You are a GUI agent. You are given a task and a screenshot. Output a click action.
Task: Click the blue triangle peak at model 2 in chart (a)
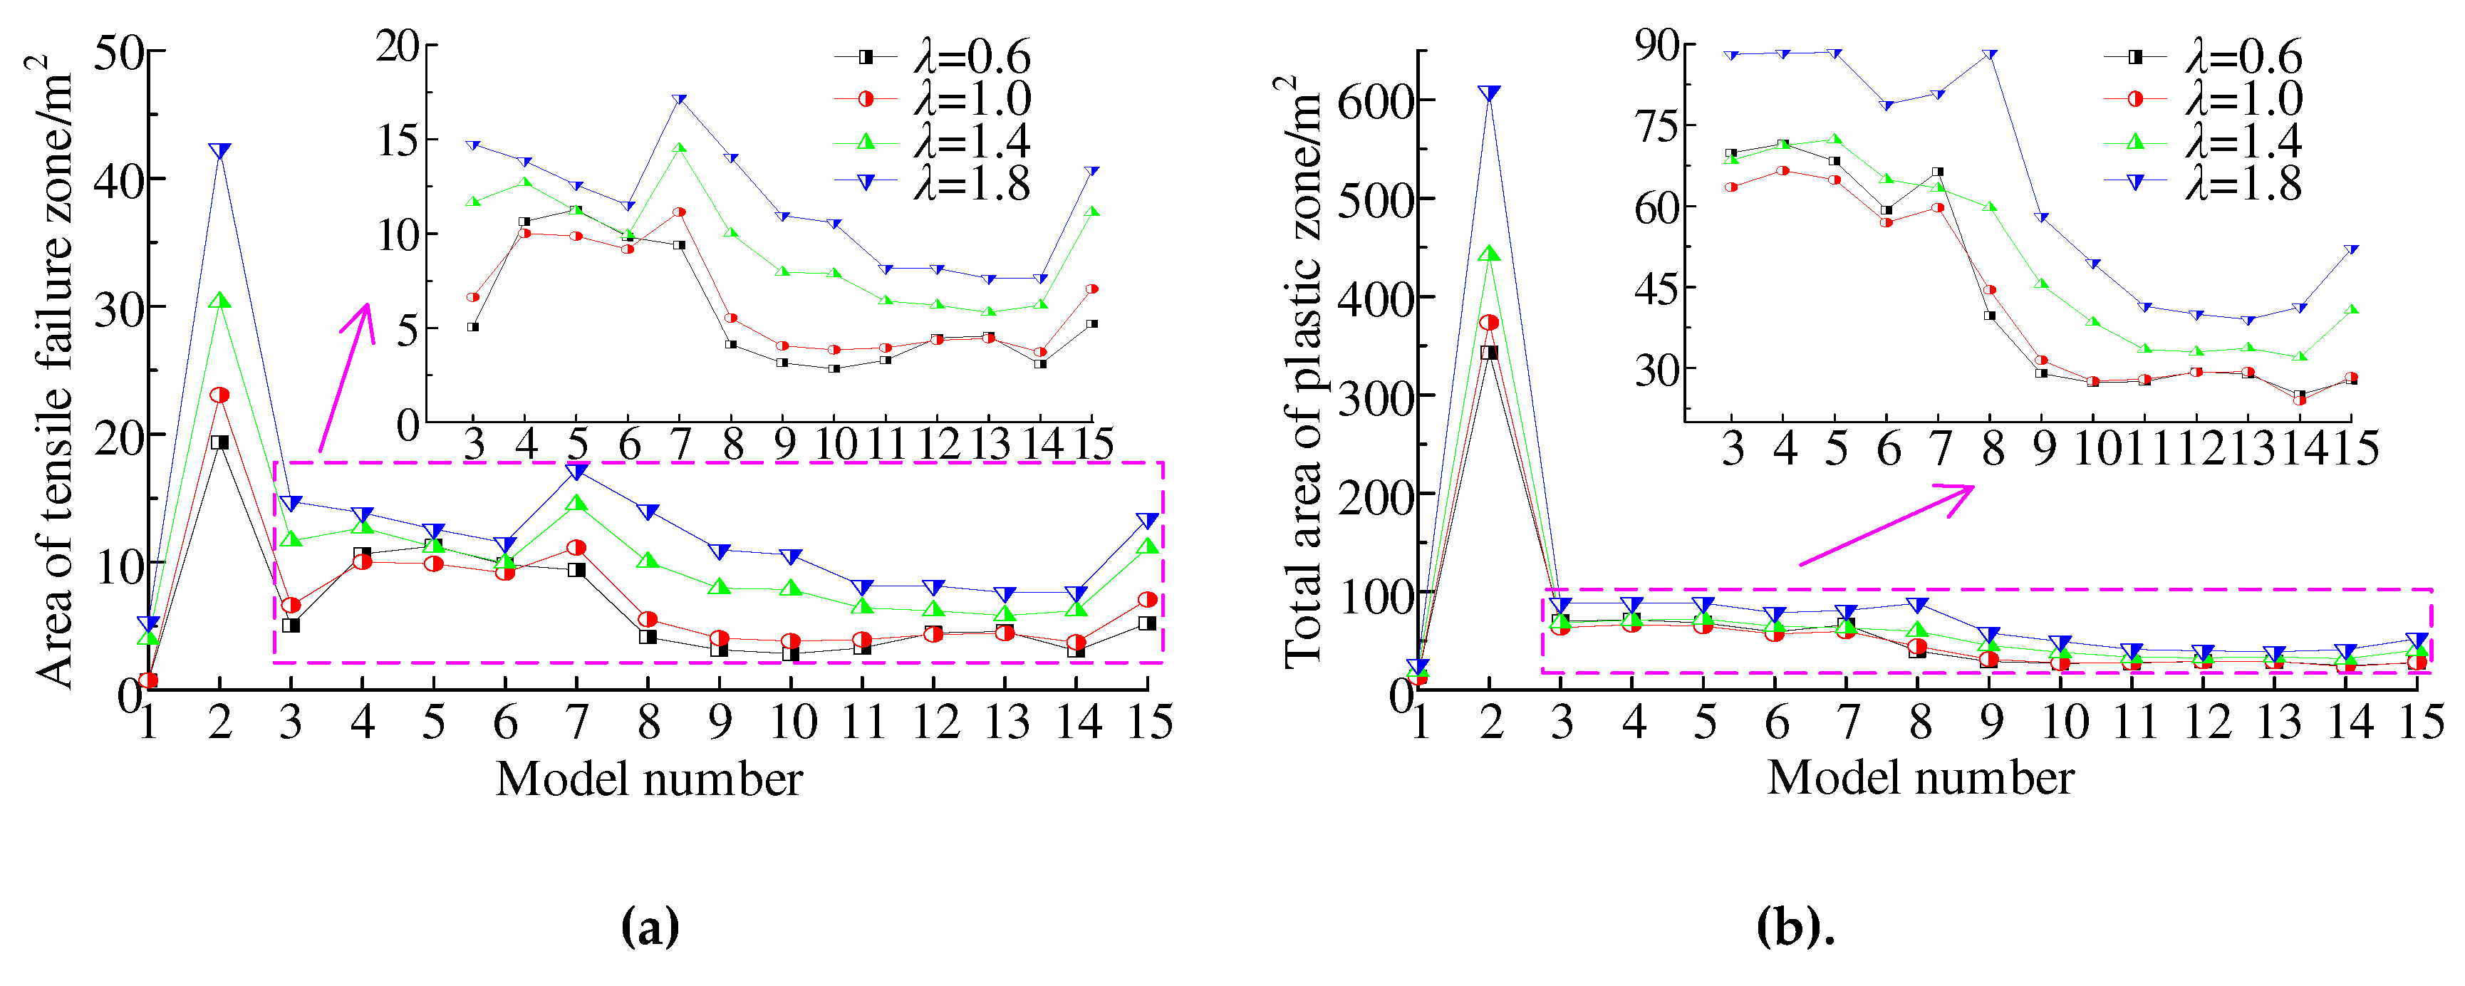(219, 151)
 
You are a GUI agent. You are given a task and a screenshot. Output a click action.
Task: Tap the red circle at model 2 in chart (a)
(219, 395)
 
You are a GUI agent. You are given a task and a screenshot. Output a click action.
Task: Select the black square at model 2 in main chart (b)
(1489, 352)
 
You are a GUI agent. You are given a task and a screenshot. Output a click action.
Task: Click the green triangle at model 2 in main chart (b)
(1489, 254)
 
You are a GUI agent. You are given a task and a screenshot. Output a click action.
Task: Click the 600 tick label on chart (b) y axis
(1374, 100)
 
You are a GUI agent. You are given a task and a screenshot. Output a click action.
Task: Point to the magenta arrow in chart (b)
(1885, 526)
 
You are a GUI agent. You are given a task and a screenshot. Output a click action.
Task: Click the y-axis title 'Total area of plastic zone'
(1302, 373)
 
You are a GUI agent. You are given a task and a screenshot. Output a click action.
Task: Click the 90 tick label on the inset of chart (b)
(1656, 44)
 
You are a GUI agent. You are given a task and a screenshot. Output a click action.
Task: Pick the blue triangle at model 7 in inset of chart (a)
(680, 100)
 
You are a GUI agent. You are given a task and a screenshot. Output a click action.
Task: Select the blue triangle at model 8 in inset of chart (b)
(1991, 55)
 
